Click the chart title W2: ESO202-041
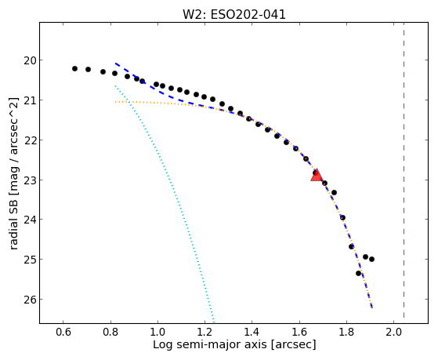(x=234, y=15)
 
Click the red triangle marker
(x=317, y=175)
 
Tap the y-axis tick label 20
(x=30, y=60)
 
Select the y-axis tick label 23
(x=30, y=180)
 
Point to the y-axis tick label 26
(x=30, y=300)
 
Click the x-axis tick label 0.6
(x=63, y=332)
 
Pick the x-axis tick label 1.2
(x=205, y=332)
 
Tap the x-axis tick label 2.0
(x=393, y=332)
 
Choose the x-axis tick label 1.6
(x=299, y=332)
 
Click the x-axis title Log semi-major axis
(x=210, y=344)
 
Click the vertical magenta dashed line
(x=404, y=170)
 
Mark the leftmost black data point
(x=74, y=68)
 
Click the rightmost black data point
(x=372, y=260)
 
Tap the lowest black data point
(x=359, y=273)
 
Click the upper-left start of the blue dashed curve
(x=115, y=64)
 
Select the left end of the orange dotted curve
(x=115, y=102)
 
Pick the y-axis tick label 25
(x=30, y=260)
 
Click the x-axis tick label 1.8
(x=346, y=332)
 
